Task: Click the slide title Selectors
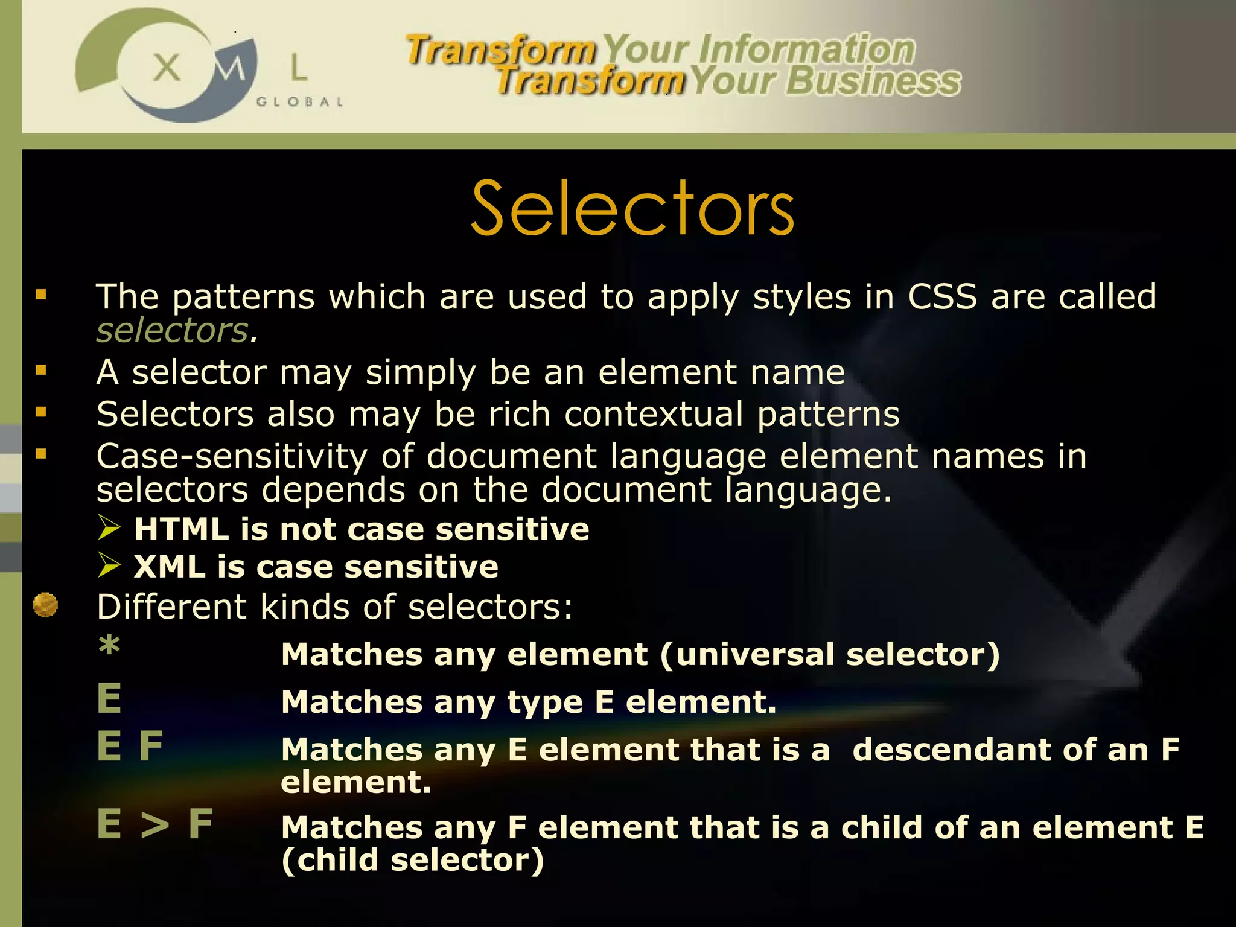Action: [632, 208]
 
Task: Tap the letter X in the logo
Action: [167, 67]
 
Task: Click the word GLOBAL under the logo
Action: [299, 102]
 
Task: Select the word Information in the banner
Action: [806, 49]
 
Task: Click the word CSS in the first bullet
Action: [942, 297]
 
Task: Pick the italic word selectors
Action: [173, 331]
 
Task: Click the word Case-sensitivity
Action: [232, 456]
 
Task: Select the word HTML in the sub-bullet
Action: [182, 529]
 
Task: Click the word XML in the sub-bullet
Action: [170, 567]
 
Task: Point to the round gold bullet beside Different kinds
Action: [45, 605]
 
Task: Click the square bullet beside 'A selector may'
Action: [41, 371]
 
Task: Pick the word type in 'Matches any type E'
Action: [544, 703]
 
